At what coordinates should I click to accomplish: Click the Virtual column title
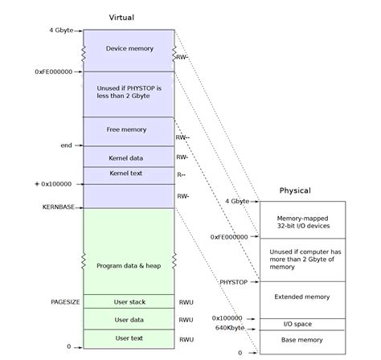point(121,18)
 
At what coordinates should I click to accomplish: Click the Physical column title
point(295,190)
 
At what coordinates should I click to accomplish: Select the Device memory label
point(129,48)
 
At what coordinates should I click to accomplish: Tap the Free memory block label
point(126,129)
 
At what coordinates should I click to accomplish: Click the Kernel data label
point(125,158)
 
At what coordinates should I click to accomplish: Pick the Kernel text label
point(125,174)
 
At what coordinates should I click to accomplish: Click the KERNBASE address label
point(59,207)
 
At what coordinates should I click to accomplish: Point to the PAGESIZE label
point(65,302)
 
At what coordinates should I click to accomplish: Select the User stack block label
point(129,302)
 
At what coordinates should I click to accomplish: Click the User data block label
point(129,320)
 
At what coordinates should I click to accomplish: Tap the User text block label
point(129,338)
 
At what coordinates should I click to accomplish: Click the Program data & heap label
point(129,266)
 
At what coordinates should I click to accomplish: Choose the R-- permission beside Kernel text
point(182,175)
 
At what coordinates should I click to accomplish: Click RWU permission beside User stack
point(186,302)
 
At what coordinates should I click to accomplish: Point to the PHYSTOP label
point(233,282)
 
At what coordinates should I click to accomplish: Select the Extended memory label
point(302,297)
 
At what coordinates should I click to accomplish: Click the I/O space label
point(297,324)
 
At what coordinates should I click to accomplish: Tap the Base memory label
point(302,340)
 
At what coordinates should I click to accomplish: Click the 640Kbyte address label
point(230,328)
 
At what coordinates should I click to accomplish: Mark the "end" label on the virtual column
point(67,145)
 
